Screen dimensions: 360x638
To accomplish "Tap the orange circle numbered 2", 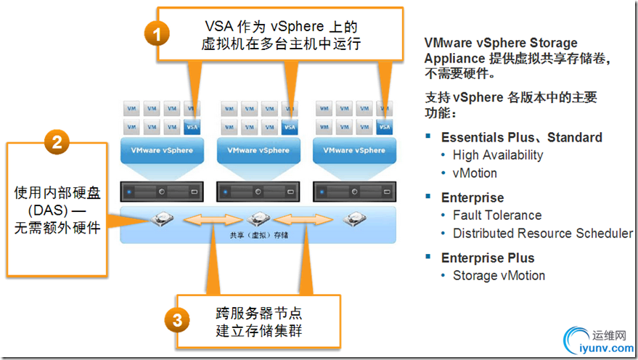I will (57, 140).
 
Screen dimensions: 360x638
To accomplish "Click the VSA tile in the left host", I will (192, 126).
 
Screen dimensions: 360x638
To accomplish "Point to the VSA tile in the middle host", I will (290, 126).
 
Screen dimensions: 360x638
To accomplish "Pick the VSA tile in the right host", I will (385, 126).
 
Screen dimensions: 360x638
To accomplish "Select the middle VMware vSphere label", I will (258, 150).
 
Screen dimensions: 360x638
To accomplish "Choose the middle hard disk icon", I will (258, 218).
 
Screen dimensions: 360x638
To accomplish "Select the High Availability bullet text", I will (497, 155).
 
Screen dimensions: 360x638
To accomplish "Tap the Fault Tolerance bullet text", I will (496, 215).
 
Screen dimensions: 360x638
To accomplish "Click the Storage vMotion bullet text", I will (498, 275).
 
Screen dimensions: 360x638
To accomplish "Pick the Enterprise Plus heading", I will (487, 258).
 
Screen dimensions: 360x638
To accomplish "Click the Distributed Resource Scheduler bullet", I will (542, 233).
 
